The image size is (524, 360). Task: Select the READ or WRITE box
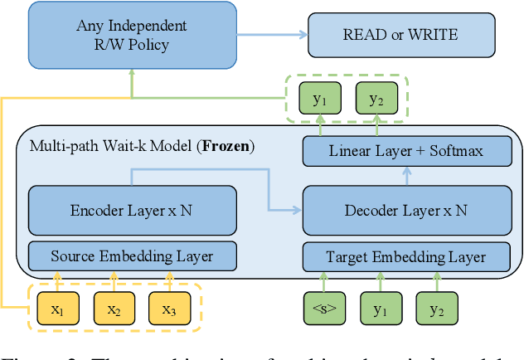[400, 36]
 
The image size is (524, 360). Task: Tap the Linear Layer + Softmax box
[405, 151]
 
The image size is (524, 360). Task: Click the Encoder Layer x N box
[131, 210]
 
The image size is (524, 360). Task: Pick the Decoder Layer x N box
[405, 210]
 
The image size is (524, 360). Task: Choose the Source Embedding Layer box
[131, 256]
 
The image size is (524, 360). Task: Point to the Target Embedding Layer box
[405, 256]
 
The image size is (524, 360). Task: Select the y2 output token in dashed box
[376, 100]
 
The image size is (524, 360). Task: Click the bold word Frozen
[225, 147]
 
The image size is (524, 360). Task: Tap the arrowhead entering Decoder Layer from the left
[297, 210]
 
